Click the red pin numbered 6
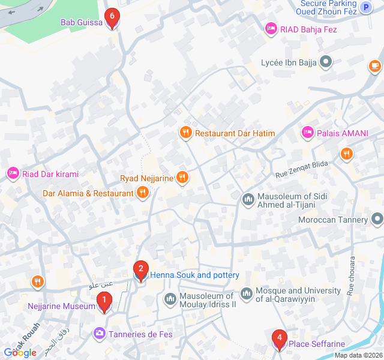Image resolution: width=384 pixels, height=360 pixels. (112, 17)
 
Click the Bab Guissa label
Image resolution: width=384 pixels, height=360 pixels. (82, 22)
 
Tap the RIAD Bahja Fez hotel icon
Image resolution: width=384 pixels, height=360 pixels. (271, 29)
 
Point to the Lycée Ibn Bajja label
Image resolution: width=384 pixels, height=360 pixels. (289, 62)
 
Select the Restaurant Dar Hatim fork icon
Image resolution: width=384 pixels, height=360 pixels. (185, 133)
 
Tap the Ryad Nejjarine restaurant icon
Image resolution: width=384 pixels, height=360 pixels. (183, 178)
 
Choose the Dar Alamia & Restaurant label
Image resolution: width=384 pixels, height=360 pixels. (88, 193)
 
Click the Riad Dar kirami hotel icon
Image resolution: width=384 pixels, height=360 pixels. (13, 174)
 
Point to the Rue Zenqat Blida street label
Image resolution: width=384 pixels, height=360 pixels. (302, 170)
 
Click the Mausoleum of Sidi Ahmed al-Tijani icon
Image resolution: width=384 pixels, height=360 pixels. (248, 199)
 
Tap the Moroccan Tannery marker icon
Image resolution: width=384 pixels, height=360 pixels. (376, 220)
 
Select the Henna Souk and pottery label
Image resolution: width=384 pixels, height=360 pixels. (194, 275)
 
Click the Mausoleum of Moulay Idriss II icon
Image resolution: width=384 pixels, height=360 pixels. (170, 298)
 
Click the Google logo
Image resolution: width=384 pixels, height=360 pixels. (20, 352)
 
